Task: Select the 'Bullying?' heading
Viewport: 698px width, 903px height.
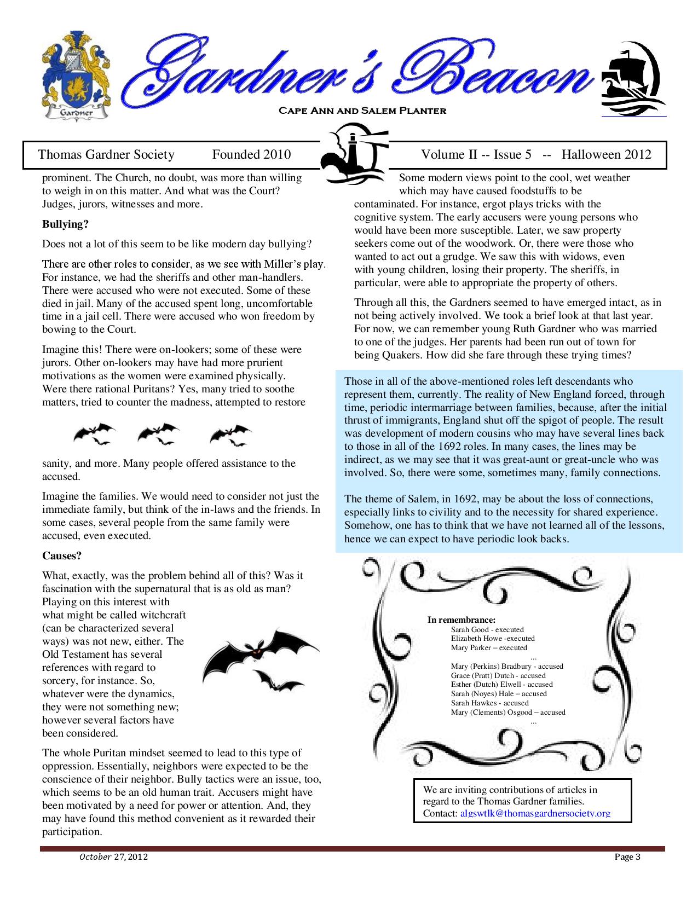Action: click(x=65, y=224)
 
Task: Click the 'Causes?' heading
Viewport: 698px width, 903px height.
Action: click(x=62, y=555)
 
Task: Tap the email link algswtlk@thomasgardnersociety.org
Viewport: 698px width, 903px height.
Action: click(x=535, y=813)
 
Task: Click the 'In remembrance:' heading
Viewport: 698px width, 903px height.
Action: click(x=461, y=620)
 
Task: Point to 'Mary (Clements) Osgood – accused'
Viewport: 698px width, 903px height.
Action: click(x=508, y=712)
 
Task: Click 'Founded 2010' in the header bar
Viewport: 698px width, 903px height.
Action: click(x=251, y=155)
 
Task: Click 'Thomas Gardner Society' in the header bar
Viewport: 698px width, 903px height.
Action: click(x=106, y=155)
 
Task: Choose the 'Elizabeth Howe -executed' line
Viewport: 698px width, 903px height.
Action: click(x=493, y=638)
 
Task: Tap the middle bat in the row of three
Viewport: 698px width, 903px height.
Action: click(x=159, y=433)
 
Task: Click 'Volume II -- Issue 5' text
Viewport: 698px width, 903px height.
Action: click(x=476, y=155)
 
